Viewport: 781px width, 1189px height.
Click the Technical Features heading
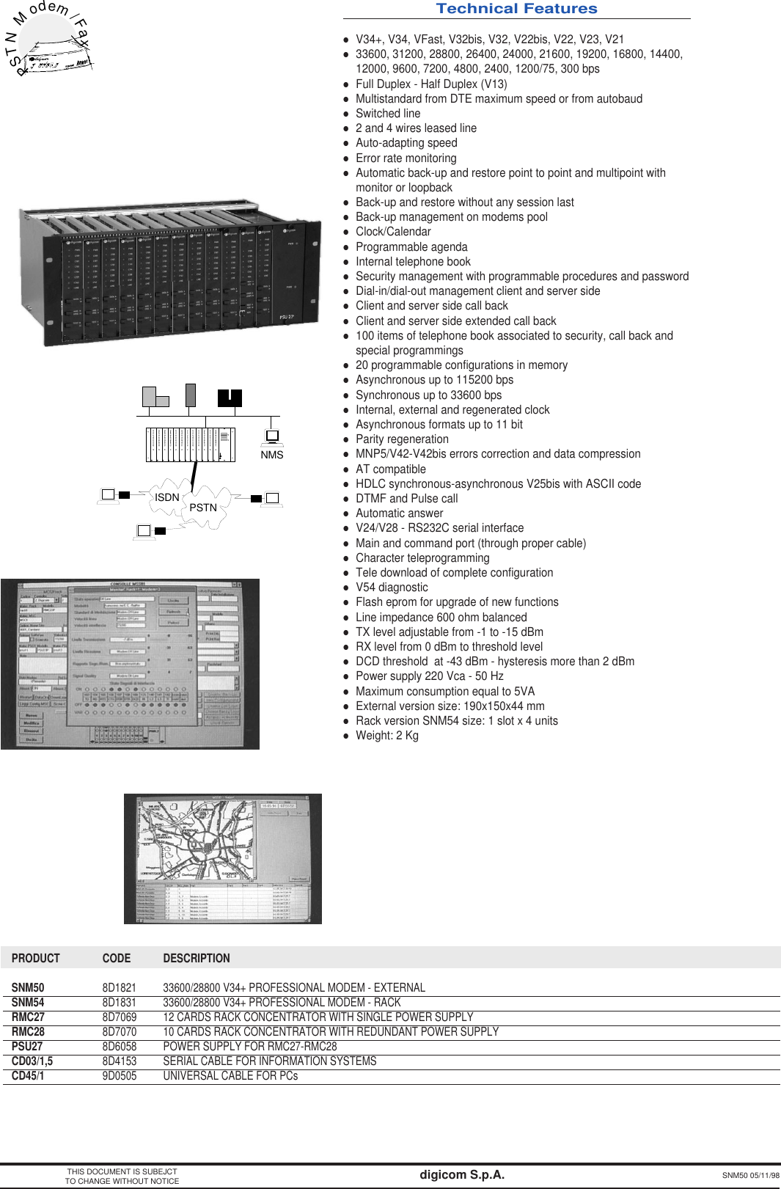(x=516, y=9)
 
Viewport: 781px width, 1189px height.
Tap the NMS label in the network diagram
(x=271, y=455)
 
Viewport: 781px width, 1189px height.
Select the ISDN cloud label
(x=166, y=497)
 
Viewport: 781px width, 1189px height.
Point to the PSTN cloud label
(x=203, y=508)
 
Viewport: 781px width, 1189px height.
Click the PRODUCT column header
(x=35, y=958)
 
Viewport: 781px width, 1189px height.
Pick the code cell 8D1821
(x=119, y=988)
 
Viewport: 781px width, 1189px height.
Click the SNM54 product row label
(x=28, y=1003)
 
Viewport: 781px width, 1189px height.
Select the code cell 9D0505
(x=119, y=1076)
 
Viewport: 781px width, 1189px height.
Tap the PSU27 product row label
(x=27, y=1047)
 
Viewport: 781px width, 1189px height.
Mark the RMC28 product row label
(x=28, y=1032)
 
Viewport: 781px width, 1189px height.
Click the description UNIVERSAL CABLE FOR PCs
(x=230, y=1076)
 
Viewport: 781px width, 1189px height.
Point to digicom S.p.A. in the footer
(x=462, y=1174)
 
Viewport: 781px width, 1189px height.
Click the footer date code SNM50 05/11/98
(x=750, y=1175)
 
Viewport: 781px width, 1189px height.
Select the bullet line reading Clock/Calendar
(x=393, y=232)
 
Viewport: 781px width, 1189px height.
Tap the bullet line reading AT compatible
(x=390, y=469)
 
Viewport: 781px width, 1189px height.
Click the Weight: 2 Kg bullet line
(x=386, y=736)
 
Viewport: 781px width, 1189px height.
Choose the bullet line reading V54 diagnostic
(x=392, y=588)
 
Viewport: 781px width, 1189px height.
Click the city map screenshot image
(x=223, y=858)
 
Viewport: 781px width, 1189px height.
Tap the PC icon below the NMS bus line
(x=272, y=436)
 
